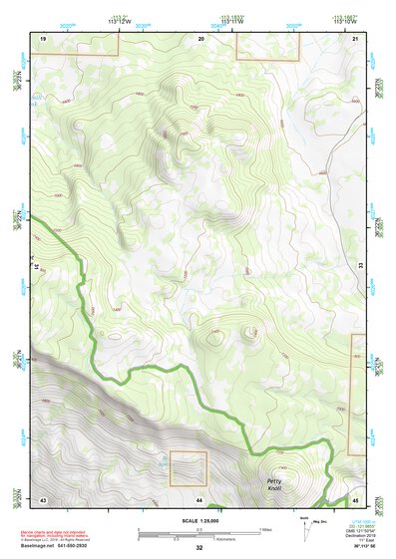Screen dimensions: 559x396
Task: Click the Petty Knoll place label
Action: tap(274, 485)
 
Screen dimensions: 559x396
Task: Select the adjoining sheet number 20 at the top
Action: tap(200, 37)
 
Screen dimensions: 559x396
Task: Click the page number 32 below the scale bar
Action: tap(199, 548)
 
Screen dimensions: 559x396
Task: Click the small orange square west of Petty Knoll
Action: tap(187, 469)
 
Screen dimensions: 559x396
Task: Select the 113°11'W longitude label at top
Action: tap(233, 21)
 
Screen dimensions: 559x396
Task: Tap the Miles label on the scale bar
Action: tap(265, 528)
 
